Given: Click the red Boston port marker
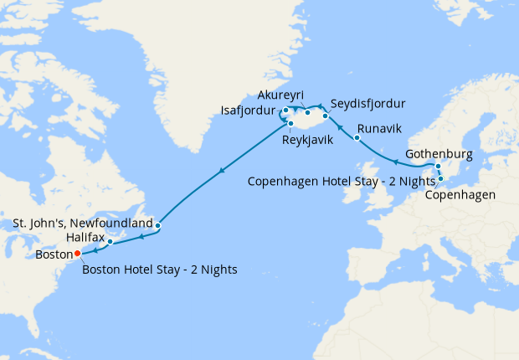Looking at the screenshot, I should (x=77, y=252).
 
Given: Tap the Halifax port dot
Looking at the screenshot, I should (x=110, y=242).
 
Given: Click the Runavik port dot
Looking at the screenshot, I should (x=357, y=137).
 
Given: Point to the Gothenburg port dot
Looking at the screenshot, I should (x=439, y=166).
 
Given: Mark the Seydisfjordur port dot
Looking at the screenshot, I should (x=326, y=116).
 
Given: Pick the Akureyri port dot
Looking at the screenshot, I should (x=307, y=111).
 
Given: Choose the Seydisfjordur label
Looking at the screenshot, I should (x=368, y=104).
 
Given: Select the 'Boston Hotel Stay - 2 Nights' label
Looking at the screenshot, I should (x=161, y=269).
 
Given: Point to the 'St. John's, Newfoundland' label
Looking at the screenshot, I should (x=82, y=224).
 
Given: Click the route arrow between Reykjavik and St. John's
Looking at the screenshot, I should (x=222, y=172).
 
